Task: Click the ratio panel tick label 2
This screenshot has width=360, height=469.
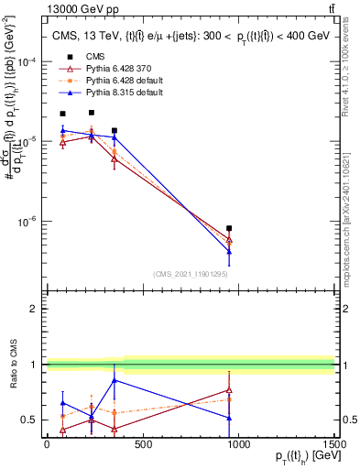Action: click(33, 309)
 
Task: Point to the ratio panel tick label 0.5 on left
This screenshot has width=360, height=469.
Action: click(30, 420)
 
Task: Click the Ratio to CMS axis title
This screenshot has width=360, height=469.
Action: click(12, 366)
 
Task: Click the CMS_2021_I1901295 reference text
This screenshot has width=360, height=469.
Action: click(191, 274)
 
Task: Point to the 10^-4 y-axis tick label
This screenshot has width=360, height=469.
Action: click(26, 61)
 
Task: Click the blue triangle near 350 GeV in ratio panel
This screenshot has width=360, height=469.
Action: click(114, 380)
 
